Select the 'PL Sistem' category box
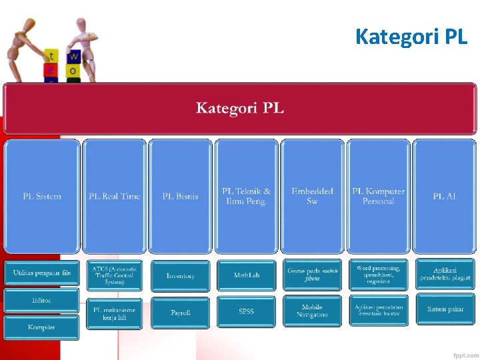pos(42,196)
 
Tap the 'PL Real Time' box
pos(115,196)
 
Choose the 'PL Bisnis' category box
pos(180,196)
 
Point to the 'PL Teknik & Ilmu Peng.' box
pos(246,196)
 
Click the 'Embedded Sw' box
pos(312,196)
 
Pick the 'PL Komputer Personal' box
pos(378,196)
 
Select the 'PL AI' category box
pos(444,196)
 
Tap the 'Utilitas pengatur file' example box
pos(41,273)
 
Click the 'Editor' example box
pos(41,300)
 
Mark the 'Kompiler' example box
pos(41,327)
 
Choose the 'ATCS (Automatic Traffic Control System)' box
pos(114,275)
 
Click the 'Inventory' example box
pos(180,275)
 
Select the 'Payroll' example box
pos(180,312)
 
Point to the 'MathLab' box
pos(246,275)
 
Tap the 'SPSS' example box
pos(246,312)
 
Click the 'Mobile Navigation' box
pos(312,311)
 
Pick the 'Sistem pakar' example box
pos(445,309)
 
